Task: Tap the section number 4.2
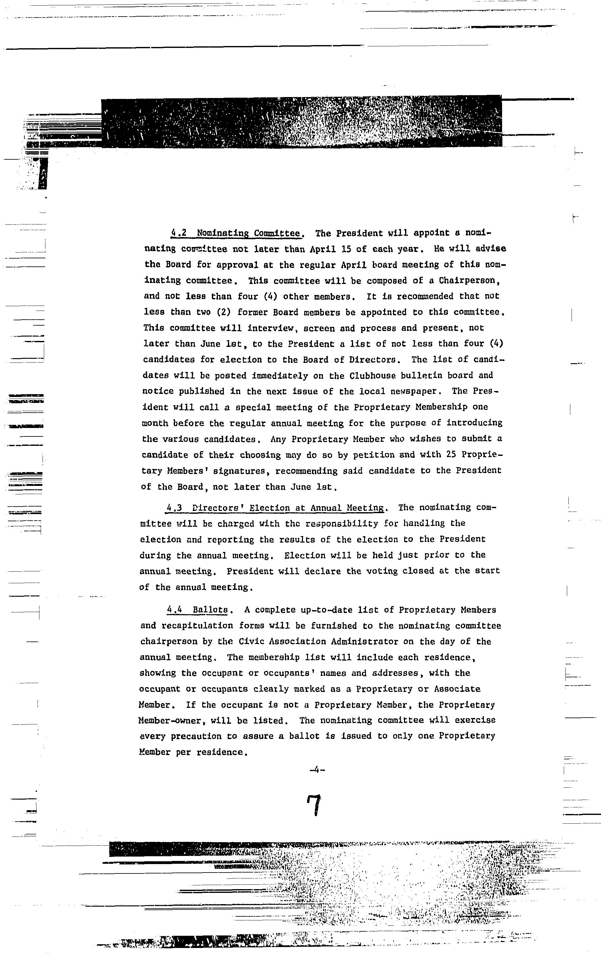[x=179, y=233]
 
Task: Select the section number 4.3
[x=174, y=508]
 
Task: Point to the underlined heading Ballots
[x=210, y=610]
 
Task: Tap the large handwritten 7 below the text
[x=314, y=805]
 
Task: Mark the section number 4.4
[x=174, y=610]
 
